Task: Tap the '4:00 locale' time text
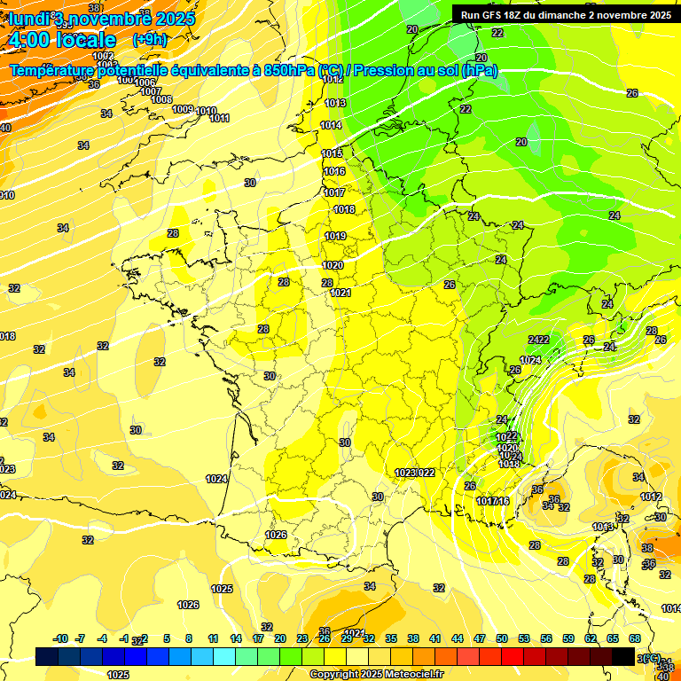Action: (61, 40)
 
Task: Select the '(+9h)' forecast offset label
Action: (148, 40)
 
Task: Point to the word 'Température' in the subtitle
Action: (52, 71)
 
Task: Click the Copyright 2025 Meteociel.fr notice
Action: (376, 674)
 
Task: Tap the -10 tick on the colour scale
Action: (60, 638)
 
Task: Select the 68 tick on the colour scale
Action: (635, 638)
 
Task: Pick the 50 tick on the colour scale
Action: (502, 638)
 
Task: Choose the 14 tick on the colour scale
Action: (236, 638)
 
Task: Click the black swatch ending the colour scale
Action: (622, 656)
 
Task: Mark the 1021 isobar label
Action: (340, 294)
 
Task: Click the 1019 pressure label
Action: (335, 237)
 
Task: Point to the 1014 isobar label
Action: (331, 126)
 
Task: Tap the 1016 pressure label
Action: (334, 172)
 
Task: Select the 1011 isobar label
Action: (220, 119)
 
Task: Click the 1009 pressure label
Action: (183, 109)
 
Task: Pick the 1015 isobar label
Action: (332, 154)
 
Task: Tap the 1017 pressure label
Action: (334, 192)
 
